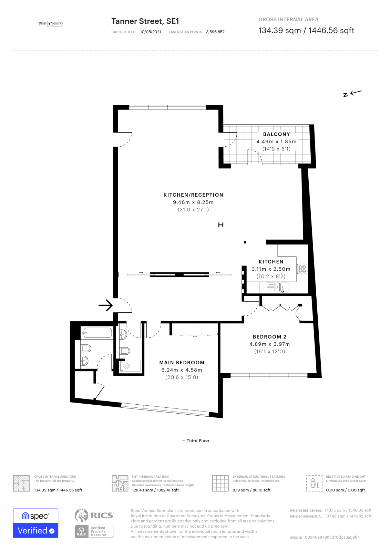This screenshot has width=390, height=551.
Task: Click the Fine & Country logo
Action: [x=51, y=24]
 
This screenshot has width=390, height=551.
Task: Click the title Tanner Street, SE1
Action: [x=145, y=21]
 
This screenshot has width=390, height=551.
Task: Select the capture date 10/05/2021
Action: [x=150, y=32]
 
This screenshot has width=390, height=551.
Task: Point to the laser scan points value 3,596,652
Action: [x=215, y=32]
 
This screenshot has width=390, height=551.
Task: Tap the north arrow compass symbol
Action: [x=352, y=93]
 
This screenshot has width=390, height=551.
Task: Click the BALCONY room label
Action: [x=276, y=134]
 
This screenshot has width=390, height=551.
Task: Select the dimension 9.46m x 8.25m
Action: [x=193, y=202]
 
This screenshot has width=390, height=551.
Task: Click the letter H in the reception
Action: [x=221, y=225]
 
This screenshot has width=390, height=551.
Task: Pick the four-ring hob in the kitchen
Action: [x=302, y=269]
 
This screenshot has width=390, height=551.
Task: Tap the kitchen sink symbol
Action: [x=282, y=287]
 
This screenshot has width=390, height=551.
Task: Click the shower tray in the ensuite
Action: [x=130, y=366]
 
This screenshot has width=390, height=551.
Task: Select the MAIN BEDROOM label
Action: [x=182, y=363]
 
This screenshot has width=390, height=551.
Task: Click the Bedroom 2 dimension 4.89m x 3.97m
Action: [x=269, y=344]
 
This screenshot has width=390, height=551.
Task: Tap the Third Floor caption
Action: [x=196, y=440]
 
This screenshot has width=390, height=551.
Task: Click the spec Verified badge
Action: [x=35, y=523]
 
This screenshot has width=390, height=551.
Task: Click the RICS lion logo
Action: [x=81, y=515]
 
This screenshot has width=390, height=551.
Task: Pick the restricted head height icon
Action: [x=314, y=483]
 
